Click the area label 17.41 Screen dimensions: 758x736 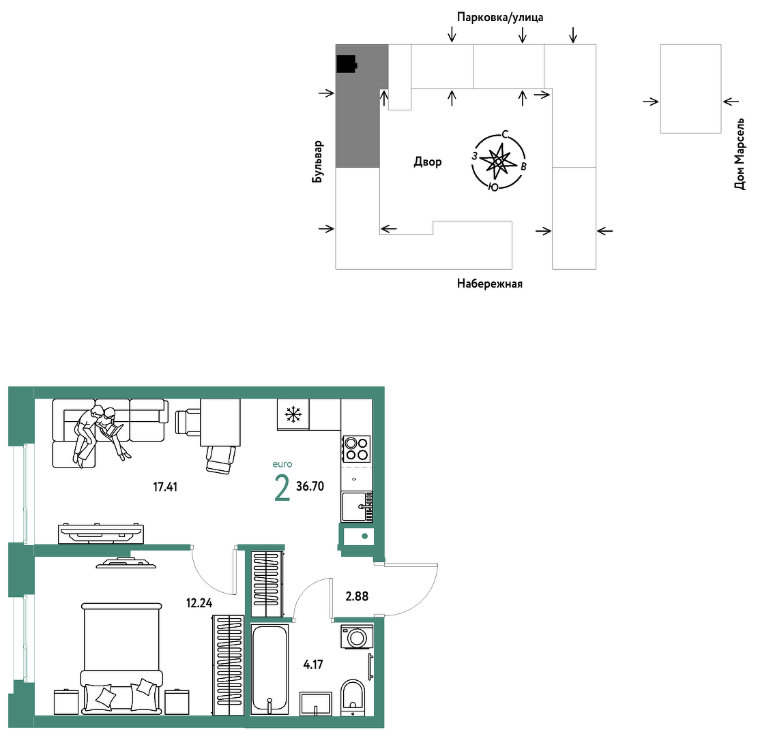[165, 487]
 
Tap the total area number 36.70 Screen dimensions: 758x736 [310, 487]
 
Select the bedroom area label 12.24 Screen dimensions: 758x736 [199, 602]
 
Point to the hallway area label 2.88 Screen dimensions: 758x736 [357, 596]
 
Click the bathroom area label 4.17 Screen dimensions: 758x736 [313, 664]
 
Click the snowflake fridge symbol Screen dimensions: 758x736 [293, 414]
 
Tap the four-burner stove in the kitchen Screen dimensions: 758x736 [357, 449]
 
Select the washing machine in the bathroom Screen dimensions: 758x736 [358, 637]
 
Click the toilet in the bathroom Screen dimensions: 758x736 [353, 697]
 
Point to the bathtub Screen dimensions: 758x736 [269, 669]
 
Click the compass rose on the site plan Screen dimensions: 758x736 [499, 162]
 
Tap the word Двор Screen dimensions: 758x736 [428, 162]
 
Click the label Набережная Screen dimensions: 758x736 [490, 283]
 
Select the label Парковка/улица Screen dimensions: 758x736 [500, 18]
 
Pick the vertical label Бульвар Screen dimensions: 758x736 [317, 162]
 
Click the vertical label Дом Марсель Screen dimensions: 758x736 [740, 154]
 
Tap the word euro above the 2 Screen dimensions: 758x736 [282, 464]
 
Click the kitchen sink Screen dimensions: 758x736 [357, 506]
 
